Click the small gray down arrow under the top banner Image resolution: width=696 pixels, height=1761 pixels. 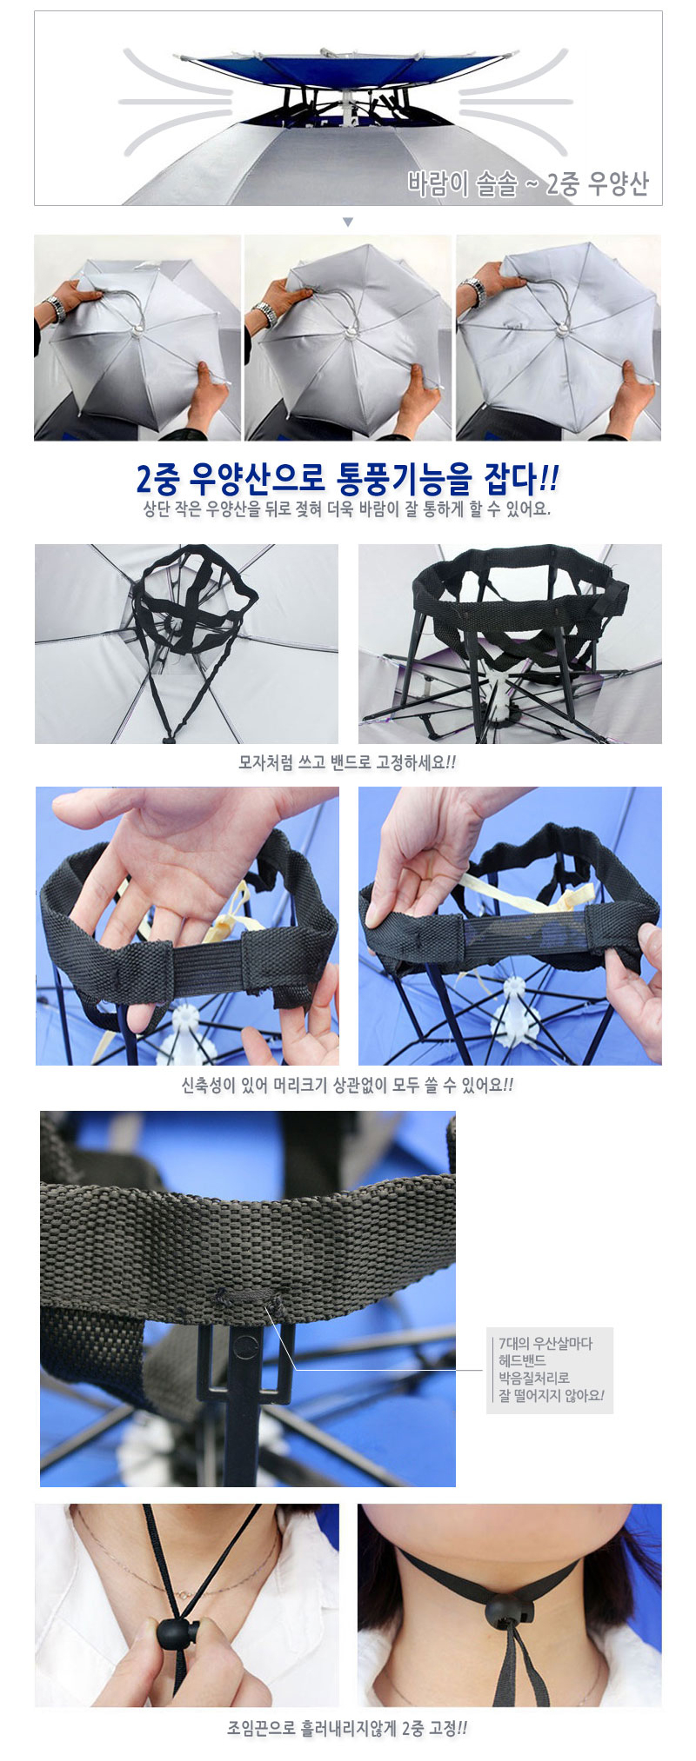[x=348, y=223]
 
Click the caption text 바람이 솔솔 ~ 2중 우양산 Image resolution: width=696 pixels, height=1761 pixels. [x=528, y=184]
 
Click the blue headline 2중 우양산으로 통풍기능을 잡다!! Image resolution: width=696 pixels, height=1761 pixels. [x=348, y=477]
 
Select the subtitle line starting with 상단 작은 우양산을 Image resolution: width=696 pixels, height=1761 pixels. [x=347, y=509]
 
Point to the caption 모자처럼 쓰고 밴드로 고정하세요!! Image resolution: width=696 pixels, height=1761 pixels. [x=347, y=762]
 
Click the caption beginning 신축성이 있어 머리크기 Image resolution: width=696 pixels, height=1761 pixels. [x=347, y=1085]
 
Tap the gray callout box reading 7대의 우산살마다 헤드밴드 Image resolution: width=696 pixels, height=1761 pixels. [x=550, y=1370]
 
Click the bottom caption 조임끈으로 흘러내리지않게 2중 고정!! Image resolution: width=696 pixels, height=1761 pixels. [x=347, y=1728]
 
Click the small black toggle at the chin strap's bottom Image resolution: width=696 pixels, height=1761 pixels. [x=168, y=739]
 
